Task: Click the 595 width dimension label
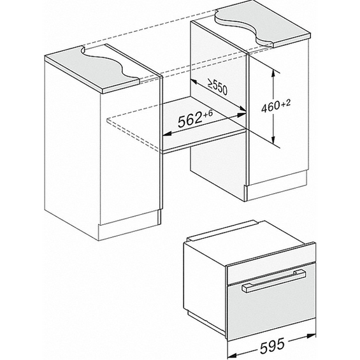(272, 347)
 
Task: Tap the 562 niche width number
(190, 120)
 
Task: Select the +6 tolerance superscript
(208, 114)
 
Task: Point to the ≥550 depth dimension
(218, 87)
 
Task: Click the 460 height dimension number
(271, 107)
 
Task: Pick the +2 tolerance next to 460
(286, 103)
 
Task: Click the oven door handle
(274, 281)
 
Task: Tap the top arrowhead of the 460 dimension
(273, 74)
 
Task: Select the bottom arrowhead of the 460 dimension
(273, 139)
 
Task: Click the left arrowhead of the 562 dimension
(168, 134)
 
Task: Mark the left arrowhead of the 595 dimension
(232, 354)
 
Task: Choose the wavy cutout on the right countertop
(244, 27)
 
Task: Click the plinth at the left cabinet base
(129, 226)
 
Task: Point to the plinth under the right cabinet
(277, 185)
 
